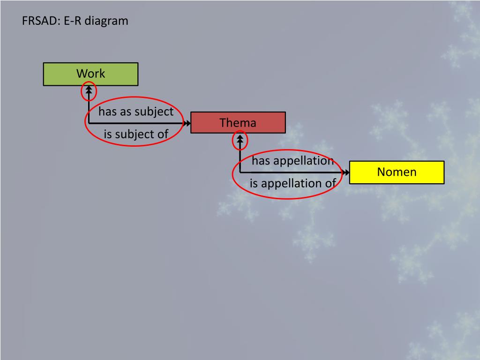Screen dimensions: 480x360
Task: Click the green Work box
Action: point(90,74)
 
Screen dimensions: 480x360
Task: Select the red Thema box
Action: point(238,123)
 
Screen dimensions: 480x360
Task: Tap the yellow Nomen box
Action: point(397,172)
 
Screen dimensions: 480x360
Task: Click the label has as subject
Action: point(136,112)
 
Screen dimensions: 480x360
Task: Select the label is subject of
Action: point(136,135)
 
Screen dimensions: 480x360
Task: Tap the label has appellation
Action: point(292,161)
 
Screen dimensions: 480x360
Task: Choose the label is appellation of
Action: point(292,183)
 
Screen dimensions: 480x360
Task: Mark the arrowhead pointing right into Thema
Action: point(187,123)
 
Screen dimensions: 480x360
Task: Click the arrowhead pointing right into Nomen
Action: point(346,172)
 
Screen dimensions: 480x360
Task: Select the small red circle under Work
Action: point(89,91)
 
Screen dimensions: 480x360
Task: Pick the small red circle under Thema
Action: point(240,140)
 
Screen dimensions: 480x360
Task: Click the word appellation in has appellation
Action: point(303,161)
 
